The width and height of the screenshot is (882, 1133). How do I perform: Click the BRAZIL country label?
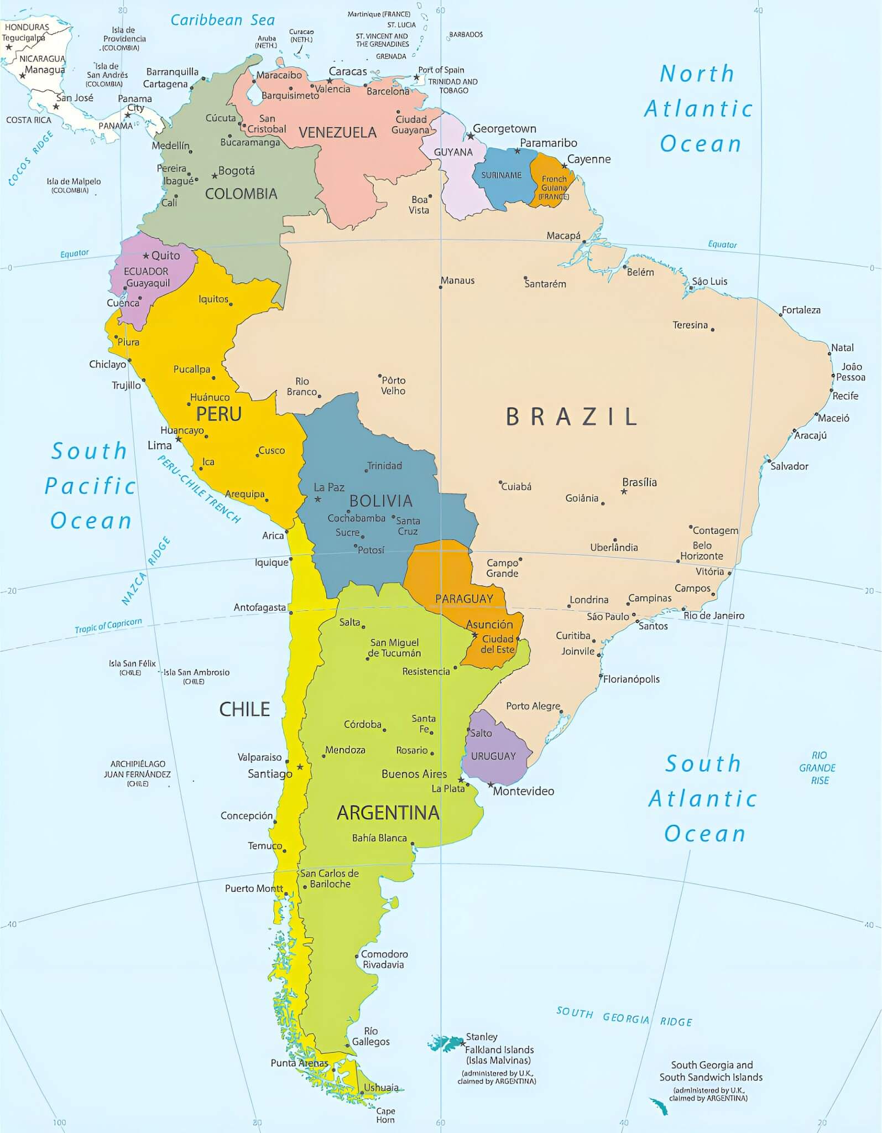(x=572, y=417)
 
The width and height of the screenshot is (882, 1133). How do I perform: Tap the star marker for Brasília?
(x=624, y=491)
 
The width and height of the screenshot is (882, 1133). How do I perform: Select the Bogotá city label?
(x=236, y=170)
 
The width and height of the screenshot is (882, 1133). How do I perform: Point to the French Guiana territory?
(x=552, y=180)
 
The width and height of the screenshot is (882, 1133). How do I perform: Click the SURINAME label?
(x=501, y=175)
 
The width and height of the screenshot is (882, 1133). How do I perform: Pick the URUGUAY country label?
(x=493, y=756)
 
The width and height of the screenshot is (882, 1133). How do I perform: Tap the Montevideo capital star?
(x=490, y=784)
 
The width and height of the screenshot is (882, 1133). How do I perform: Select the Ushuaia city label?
(x=381, y=1087)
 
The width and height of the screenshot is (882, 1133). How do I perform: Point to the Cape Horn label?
(x=385, y=1115)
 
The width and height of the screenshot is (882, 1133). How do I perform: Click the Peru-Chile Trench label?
(x=200, y=488)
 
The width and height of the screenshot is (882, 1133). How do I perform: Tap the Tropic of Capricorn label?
(x=108, y=625)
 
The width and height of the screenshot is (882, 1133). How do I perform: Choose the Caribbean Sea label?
(x=222, y=20)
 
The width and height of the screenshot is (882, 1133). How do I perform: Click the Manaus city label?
(x=457, y=280)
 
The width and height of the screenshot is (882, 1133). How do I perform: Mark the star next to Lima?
(x=179, y=439)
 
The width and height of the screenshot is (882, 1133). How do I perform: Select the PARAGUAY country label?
(x=464, y=599)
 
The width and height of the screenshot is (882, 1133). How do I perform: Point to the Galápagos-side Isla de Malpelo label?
(x=74, y=185)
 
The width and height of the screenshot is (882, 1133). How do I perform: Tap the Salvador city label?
(x=789, y=466)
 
